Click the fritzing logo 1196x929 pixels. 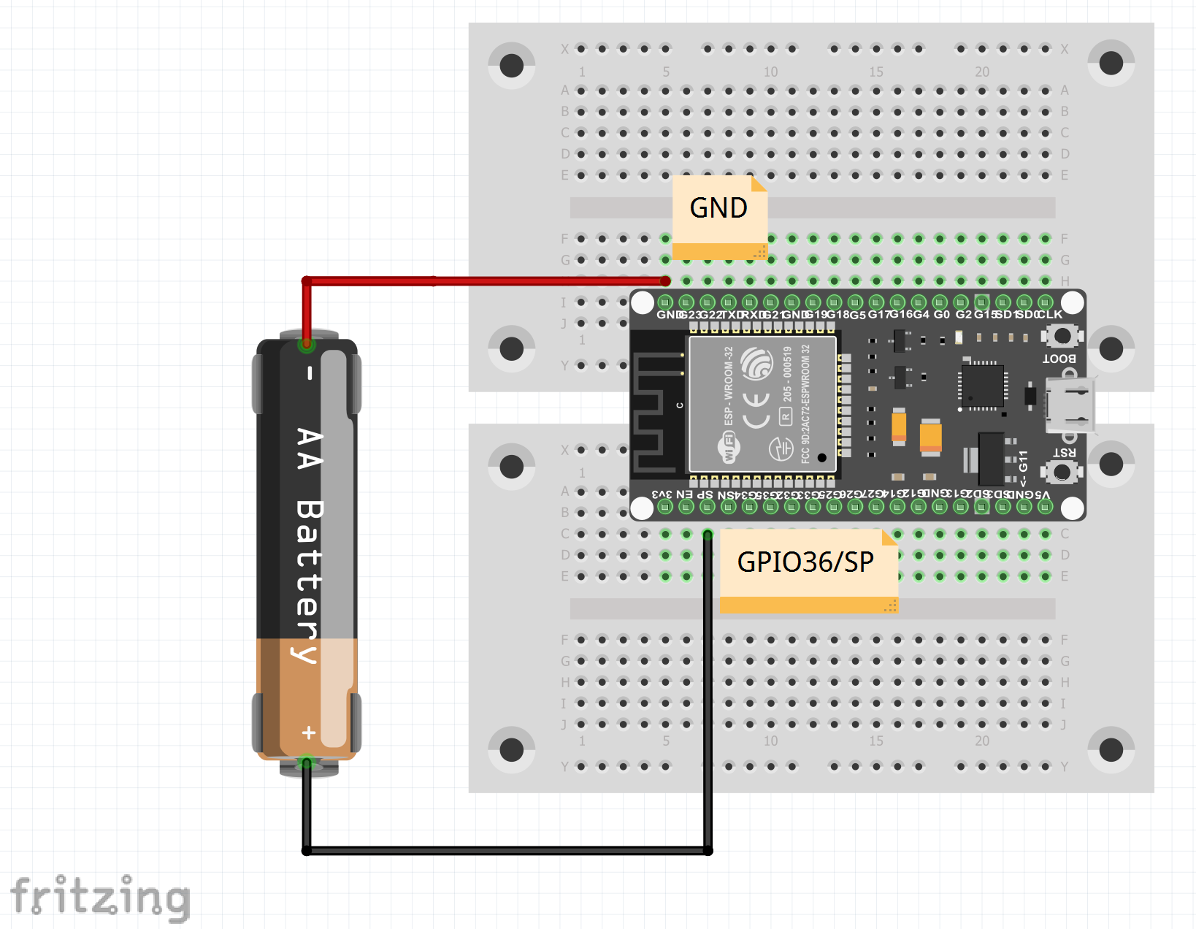(x=100, y=897)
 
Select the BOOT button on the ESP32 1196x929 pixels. (x=1062, y=336)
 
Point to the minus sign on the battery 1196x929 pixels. (x=310, y=373)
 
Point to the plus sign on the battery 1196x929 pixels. (x=309, y=732)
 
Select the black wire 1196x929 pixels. (x=511, y=850)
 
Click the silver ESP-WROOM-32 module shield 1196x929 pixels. (x=762, y=404)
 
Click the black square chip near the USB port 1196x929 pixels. (x=982, y=385)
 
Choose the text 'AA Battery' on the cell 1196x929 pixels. (x=309, y=544)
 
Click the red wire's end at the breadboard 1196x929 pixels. (x=665, y=281)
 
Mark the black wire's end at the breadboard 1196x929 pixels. (x=708, y=535)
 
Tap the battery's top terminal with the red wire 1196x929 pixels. (x=307, y=343)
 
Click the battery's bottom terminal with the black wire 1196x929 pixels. (x=307, y=763)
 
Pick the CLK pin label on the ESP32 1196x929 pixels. (x=1049, y=315)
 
